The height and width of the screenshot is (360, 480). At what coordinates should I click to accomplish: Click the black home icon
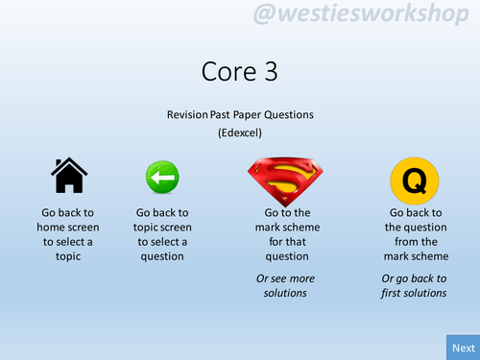point(69,177)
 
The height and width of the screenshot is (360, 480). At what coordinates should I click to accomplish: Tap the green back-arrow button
point(162,179)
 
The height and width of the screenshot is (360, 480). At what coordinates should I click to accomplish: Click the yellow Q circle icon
point(415,180)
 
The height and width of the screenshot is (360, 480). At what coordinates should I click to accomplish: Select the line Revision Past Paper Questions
point(240,114)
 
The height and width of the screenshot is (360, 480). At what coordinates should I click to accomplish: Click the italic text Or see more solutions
point(285,285)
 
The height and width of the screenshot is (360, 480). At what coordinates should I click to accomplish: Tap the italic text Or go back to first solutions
point(415,285)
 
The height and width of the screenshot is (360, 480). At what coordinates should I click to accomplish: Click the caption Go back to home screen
point(69,234)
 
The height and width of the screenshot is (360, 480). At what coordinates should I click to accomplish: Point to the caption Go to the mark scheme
point(285,234)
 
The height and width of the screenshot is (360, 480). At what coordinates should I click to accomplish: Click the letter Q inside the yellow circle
point(415,180)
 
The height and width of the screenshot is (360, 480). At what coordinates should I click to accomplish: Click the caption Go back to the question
point(415,234)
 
